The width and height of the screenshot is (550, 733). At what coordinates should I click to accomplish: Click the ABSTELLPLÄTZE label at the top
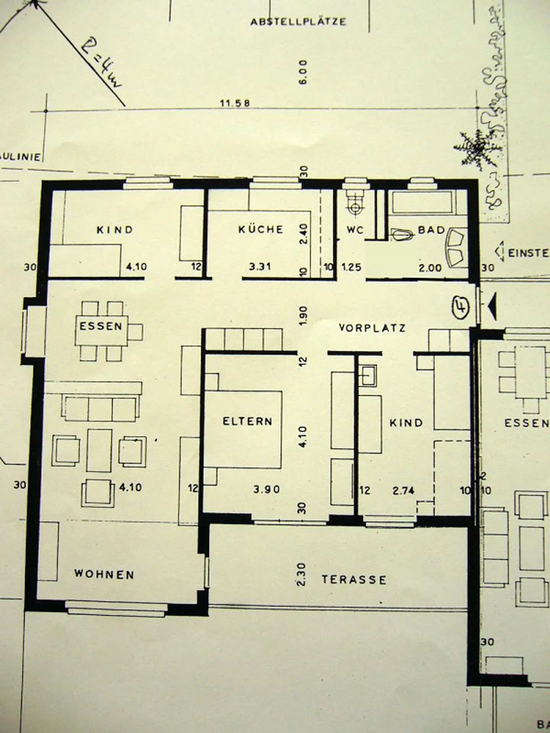(298, 21)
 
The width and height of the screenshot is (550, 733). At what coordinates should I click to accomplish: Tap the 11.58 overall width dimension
(235, 103)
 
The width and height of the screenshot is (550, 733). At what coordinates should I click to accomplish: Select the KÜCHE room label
(261, 229)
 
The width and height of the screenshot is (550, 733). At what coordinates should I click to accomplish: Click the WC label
(355, 230)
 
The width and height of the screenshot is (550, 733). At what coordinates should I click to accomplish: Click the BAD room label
(431, 230)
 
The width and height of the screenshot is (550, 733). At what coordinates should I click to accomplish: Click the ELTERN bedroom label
(247, 421)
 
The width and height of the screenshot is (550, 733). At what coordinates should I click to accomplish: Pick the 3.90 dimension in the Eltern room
(267, 489)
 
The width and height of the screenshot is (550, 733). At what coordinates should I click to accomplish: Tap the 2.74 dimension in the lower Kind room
(404, 490)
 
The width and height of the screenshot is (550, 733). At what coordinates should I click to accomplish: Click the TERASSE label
(354, 580)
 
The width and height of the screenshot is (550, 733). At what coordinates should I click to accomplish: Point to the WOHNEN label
(104, 574)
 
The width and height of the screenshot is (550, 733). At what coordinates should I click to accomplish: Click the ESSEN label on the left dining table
(101, 326)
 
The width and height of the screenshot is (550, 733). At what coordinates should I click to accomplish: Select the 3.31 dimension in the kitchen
(260, 266)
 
